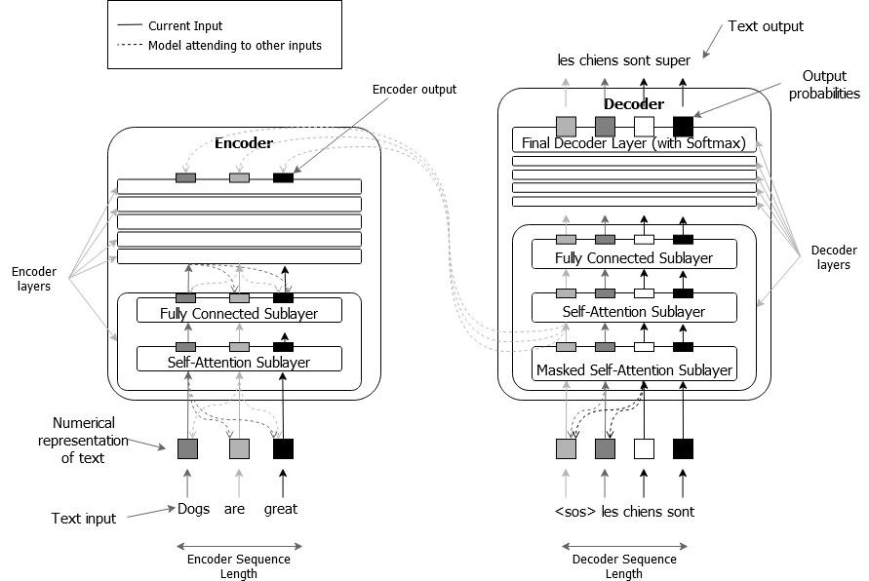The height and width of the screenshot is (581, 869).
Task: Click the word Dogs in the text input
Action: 194,509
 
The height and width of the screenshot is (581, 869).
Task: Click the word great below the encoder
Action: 281,509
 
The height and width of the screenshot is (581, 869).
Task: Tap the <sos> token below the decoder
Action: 573,511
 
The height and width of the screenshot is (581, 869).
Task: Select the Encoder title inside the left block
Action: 243,143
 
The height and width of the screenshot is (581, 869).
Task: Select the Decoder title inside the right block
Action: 634,104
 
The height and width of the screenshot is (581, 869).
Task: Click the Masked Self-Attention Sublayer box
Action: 634,370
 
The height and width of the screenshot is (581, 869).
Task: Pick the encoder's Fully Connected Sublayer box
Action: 239,314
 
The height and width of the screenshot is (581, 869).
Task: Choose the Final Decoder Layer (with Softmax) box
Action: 634,143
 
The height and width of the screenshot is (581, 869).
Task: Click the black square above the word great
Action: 283,448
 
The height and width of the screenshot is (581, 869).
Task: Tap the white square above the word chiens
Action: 644,448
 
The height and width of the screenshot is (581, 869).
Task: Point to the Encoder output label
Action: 415,90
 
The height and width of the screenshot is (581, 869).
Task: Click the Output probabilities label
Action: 824,85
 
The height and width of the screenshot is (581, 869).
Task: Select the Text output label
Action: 767,26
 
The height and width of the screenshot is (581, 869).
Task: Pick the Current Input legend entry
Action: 185,25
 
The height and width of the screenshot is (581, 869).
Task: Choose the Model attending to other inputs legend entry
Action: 234,45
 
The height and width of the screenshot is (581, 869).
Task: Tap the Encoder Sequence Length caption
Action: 238,566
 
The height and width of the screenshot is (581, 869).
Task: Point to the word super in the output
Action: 672,60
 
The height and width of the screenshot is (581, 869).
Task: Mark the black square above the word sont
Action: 683,448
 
